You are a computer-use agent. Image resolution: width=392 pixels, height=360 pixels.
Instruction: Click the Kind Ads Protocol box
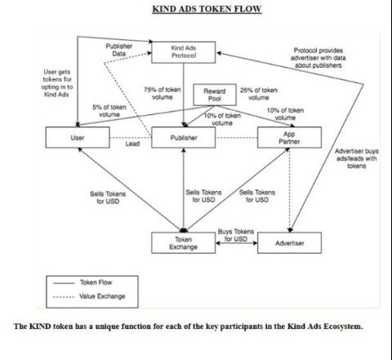183,52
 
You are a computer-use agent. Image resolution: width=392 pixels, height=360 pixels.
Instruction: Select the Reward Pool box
215,95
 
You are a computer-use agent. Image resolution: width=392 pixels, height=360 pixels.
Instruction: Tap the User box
78,137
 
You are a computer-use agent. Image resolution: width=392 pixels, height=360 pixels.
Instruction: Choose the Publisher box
184,137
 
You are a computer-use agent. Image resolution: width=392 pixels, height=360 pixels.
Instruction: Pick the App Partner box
289,137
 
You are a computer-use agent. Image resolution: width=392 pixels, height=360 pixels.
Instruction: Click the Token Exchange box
183,243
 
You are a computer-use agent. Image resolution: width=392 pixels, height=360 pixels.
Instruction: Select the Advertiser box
289,243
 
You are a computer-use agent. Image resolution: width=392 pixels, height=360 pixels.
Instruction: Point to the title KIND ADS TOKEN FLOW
207,9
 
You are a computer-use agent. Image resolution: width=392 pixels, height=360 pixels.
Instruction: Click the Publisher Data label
119,50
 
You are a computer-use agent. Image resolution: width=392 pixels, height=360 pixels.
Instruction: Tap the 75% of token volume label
163,93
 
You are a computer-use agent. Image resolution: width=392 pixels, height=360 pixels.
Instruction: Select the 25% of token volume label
259,94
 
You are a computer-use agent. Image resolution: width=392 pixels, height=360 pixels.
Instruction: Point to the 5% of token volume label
109,111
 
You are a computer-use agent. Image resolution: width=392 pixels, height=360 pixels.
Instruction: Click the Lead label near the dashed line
132,144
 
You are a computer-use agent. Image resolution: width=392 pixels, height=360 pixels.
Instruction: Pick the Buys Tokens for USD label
236,235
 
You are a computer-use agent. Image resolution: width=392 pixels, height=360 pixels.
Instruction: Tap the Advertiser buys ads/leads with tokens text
356,158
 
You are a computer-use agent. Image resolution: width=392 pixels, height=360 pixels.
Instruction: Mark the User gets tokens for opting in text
57,83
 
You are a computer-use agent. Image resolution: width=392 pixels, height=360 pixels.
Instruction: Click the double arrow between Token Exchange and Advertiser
236,243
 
